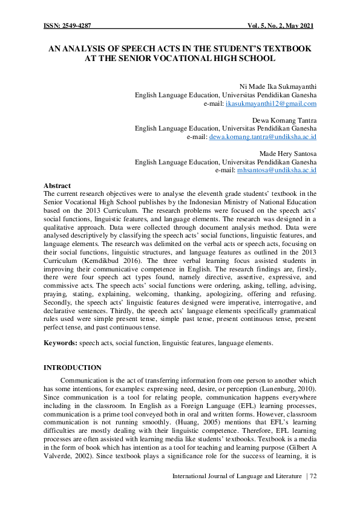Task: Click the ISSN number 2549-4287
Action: click(x=74, y=27)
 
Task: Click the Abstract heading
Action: click(x=57, y=185)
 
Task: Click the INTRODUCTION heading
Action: click(x=73, y=368)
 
